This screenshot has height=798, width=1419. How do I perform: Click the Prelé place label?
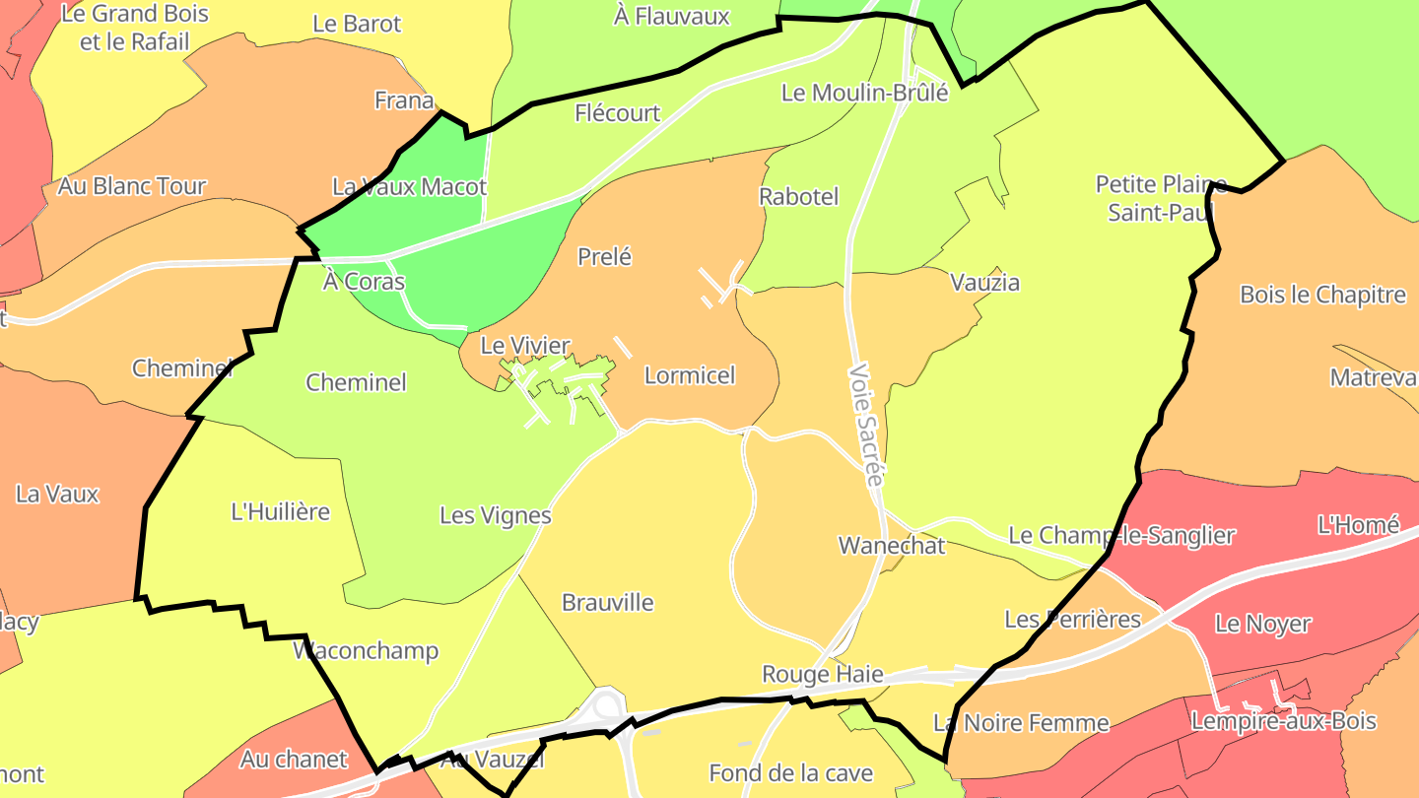[x=604, y=257]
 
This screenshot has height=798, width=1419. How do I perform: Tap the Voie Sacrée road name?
[x=863, y=425]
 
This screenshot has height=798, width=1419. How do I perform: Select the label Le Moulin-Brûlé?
[x=864, y=93]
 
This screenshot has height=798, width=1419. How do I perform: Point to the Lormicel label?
[x=690, y=375]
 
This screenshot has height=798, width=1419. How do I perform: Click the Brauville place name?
[x=607, y=603]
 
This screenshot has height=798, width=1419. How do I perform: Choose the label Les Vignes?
[x=495, y=515]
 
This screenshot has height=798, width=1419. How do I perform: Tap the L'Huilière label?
[x=280, y=512]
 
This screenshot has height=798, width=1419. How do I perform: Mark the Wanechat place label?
[x=891, y=546]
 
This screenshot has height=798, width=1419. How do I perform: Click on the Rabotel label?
[x=798, y=197]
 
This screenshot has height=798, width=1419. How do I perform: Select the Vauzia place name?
[x=984, y=283]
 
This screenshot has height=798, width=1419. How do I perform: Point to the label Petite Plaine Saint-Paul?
[x=1161, y=198]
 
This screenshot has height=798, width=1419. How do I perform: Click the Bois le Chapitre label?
[x=1322, y=295]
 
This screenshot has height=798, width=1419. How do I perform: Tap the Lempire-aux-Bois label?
[x=1283, y=721]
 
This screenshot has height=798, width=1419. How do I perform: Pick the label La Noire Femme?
[x=1021, y=723]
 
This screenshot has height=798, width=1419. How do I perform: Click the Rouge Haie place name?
[x=822, y=675]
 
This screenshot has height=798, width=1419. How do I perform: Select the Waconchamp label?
[x=366, y=651]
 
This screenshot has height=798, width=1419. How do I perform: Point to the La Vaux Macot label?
[x=409, y=187]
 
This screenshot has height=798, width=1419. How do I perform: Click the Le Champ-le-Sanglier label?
[x=1120, y=536]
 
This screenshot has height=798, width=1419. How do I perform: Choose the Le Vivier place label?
[x=525, y=346]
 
